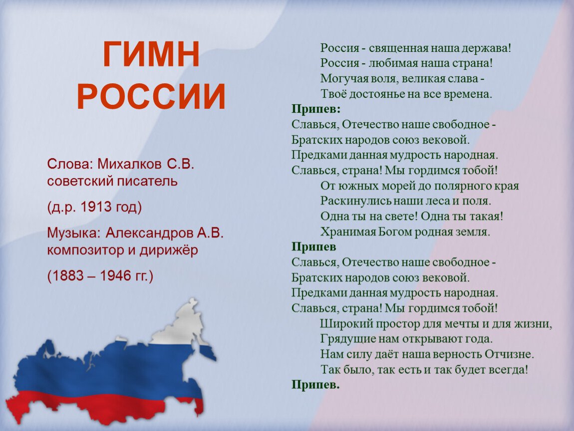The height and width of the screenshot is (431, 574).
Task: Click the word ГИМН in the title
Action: tap(151, 54)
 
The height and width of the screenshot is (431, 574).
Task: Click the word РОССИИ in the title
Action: tap(151, 97)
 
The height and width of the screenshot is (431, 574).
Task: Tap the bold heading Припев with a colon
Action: tap(316, 109)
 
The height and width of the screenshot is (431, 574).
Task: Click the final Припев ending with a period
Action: tap(315, 385)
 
